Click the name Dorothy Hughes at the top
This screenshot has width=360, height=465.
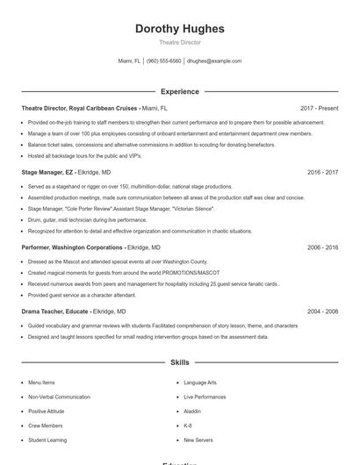(179, 29)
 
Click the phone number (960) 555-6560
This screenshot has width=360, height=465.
(163, 61)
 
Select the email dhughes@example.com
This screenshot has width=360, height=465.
(214, 61)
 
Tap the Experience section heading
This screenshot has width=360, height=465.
(179, 91)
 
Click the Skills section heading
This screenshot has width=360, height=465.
(179, 361)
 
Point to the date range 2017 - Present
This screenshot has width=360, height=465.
(319, 108)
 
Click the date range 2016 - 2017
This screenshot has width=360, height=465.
(322, 173)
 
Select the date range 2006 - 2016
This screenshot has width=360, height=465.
(322, 247)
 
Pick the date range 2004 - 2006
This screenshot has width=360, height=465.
(322, 311)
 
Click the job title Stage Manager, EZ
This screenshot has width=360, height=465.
(48, 173)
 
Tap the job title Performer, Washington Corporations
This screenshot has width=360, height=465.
(73, 247)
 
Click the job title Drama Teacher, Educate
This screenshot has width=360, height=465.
(54, 311)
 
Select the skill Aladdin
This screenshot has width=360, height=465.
(192, 411)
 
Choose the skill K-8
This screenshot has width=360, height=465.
(188, 425)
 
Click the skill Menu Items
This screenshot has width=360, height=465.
(41, 383)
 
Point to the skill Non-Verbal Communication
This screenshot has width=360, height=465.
(59, 397)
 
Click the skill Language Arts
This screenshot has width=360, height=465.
(200, 383)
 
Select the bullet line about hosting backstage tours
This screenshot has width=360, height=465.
(84, 154)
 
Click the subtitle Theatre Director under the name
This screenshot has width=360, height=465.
(179, 42)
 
